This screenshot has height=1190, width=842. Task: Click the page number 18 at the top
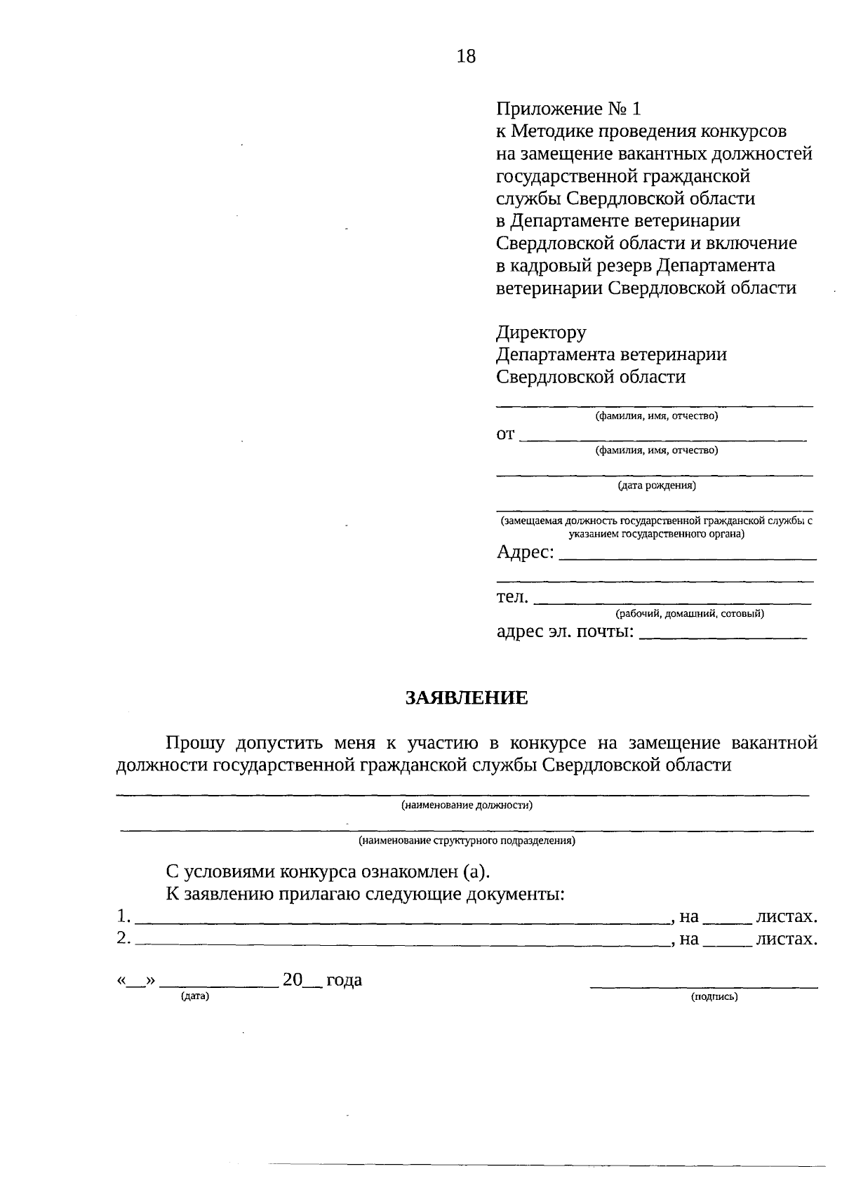point(466,57)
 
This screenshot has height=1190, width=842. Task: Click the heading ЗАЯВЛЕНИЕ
point(466,697)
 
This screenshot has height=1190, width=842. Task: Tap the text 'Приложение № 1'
point(568,109)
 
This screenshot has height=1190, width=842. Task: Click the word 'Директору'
point(541,332)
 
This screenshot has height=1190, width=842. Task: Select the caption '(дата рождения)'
point(656,485)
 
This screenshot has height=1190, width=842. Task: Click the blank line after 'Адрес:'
point(689,554)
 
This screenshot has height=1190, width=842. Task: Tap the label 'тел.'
point(512,597)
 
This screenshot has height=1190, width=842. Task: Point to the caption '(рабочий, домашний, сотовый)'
point(690,614)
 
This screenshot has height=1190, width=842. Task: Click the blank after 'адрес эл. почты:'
point(724,634)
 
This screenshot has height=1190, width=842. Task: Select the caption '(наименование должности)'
point(467,805)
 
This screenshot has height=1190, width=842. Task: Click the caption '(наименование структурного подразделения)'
point(467,840)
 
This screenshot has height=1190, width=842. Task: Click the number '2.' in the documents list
point(123,938)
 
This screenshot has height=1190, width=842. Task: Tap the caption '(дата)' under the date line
point(195,996)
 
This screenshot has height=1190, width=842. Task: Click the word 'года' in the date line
point(344,980)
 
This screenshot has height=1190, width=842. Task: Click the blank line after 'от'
point(665,436)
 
